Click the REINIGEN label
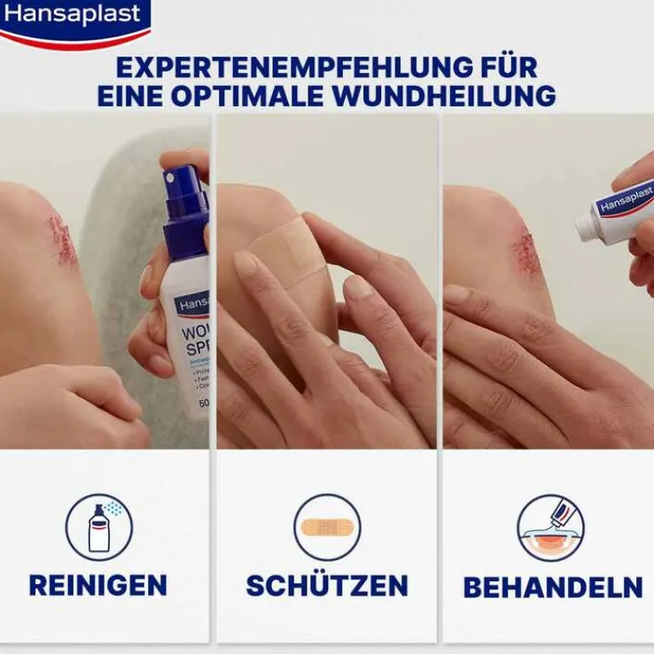[x=98, y=585]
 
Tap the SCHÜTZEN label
[x=327, y=585]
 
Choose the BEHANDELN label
[x=552, y=587]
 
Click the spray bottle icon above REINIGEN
[x=98, y=528]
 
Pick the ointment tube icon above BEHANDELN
[x=551, y=528]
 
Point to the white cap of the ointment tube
[x=587, y=228]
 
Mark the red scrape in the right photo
[x=526, y=253]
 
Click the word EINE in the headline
[x=129, y=96]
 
